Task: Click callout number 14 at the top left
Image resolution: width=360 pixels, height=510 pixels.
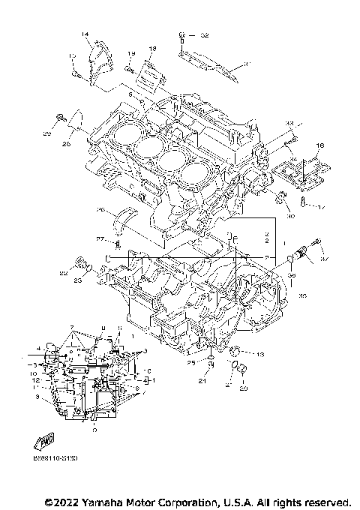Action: tap(85, 35)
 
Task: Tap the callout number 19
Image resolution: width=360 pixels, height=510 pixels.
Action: tap(130, 53)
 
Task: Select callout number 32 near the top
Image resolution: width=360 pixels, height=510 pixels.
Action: tap(205, 35)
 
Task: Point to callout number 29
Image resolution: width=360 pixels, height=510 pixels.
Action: tap(46, 133)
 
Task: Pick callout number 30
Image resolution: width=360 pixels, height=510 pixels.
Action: tap(292, 217)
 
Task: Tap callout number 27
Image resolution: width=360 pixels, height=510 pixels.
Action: tap(99, 239)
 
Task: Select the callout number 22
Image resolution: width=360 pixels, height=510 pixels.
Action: tap(64, 274)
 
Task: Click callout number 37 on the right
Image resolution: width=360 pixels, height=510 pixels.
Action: tap(323, 259)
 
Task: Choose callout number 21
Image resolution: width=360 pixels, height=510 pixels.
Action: tap(202, 381)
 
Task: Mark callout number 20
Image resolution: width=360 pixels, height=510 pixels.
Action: tap(243, 388)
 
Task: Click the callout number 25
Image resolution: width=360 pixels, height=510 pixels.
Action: tap(191, 363)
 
